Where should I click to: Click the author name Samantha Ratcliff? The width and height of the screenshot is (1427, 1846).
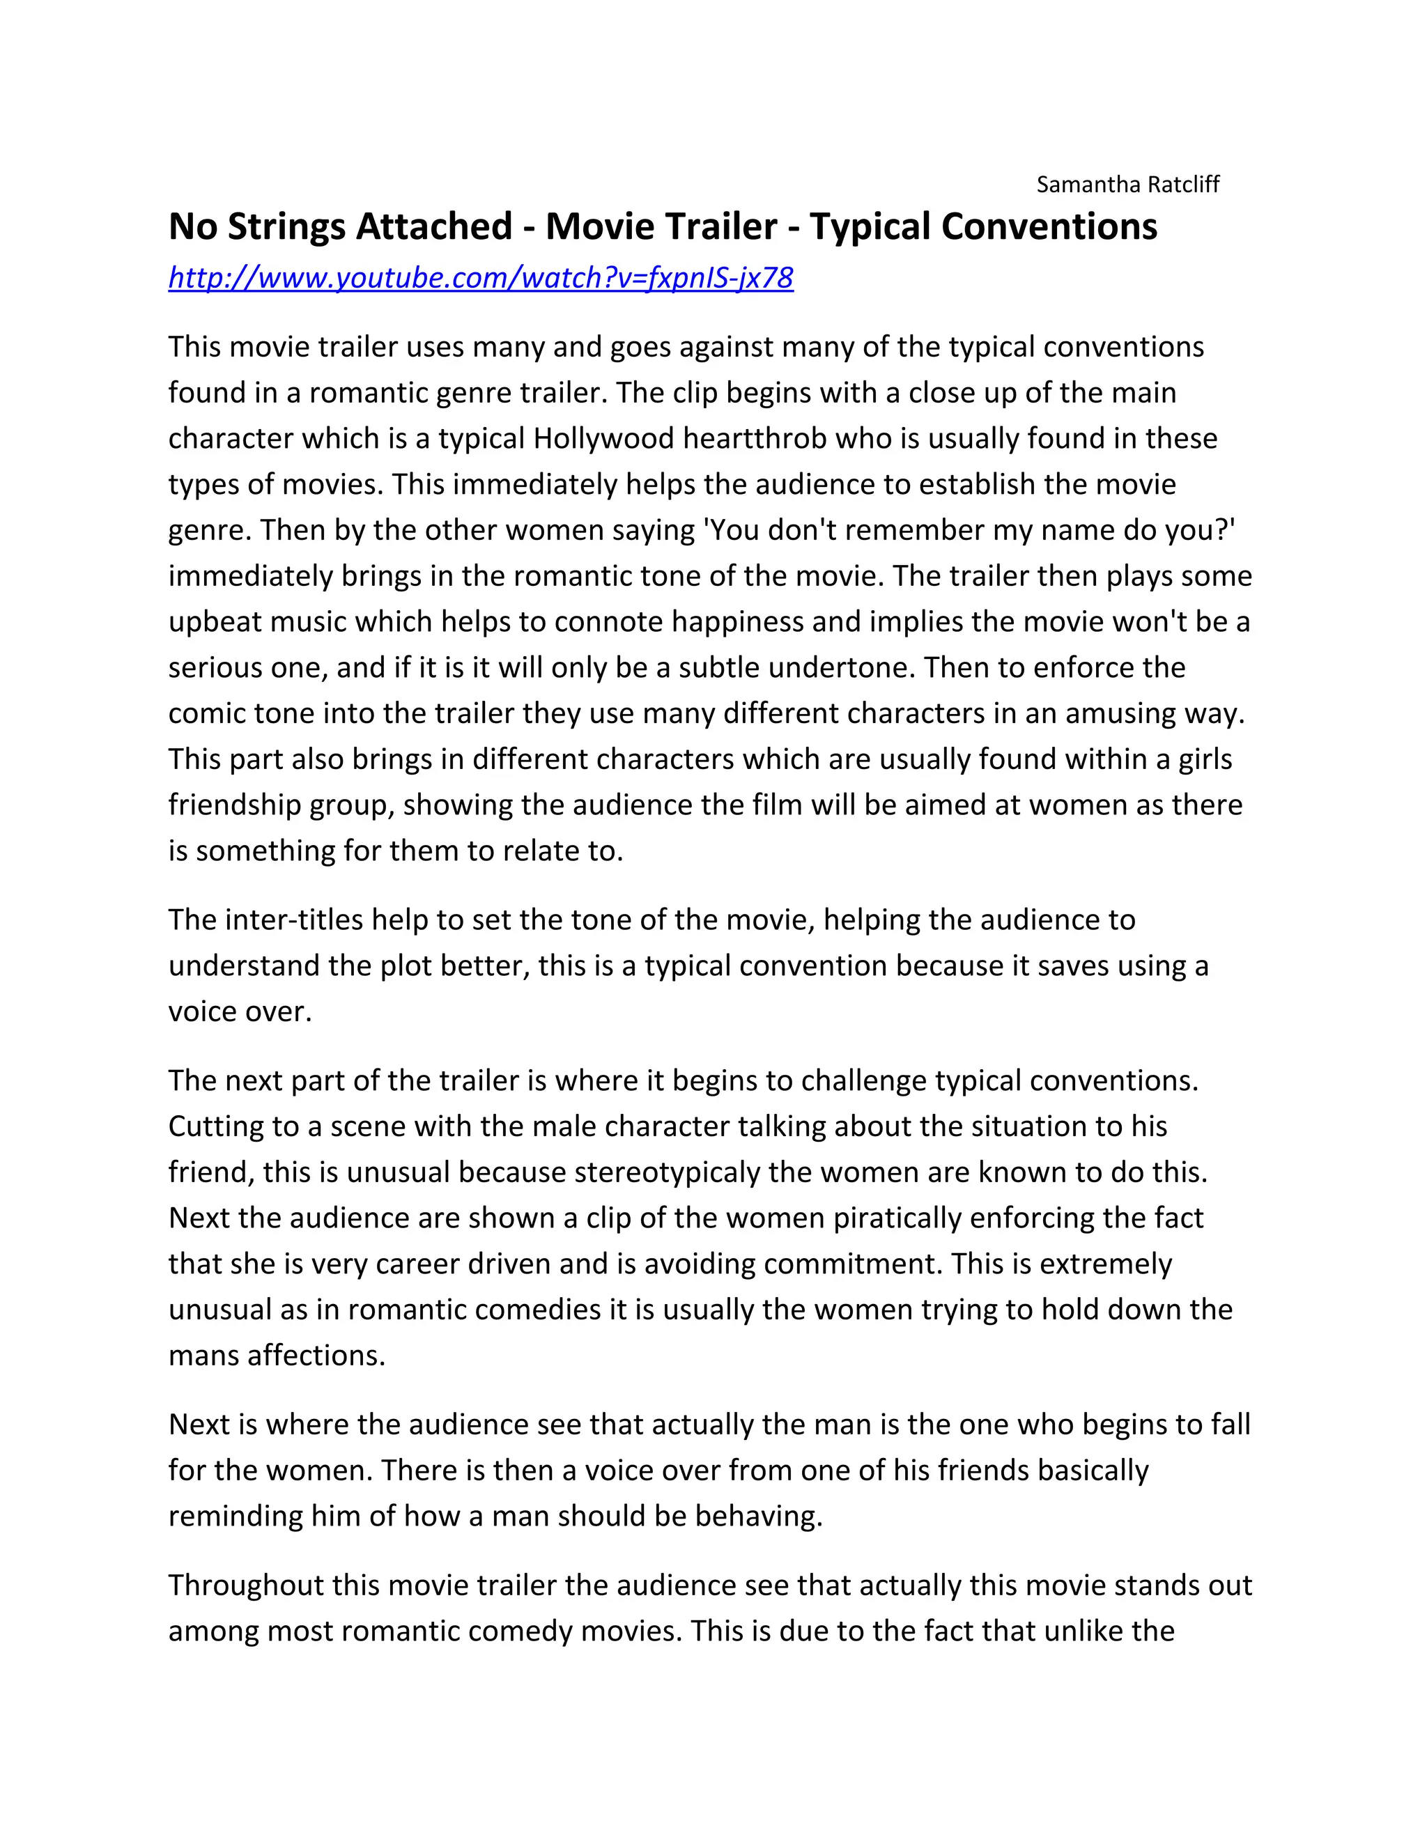click(x=1128, y=185)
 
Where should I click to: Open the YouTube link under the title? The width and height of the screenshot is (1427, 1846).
click(x=480, y=277)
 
